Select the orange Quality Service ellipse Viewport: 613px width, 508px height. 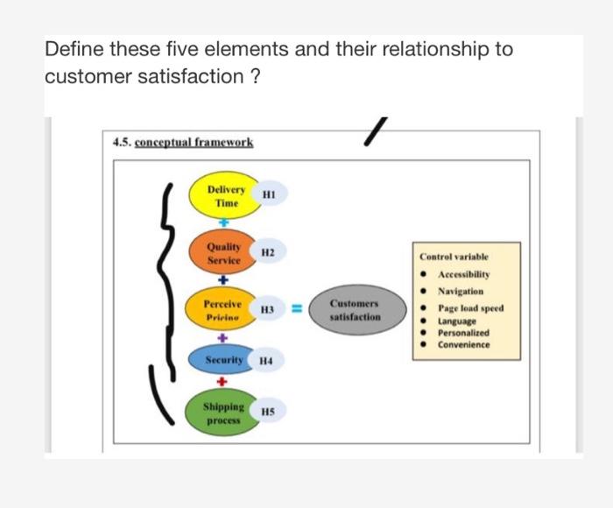point(224,254)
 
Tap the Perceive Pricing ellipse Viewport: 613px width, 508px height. point(222,310)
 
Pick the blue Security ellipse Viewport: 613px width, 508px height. point(224,360)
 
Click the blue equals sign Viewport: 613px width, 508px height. point(296,309)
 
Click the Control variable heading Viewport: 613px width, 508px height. point(454,258)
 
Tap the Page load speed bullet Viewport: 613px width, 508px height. point(470,308)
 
